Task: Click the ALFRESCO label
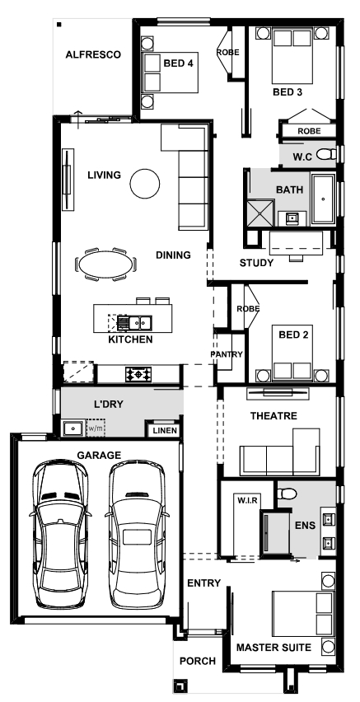point(93,54)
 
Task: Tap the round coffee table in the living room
point(145,183)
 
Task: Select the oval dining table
point(106,265)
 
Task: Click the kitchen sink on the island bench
point(135,322)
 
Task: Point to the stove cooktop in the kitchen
point(138,374)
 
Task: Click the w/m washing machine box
point(96,428)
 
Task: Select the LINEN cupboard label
point(166,431)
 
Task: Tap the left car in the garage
point(59,533)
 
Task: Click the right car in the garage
point(137,533)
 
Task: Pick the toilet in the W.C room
point(326,155)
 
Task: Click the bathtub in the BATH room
point(323,199)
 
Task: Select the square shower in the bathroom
point(259,213)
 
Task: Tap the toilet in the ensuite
point(287,494)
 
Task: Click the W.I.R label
point(247,500)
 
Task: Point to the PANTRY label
point(227,354)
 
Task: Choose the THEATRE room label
point(274,416)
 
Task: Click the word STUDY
point(256,263)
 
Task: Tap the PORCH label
point(198,661)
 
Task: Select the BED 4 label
point(178,63)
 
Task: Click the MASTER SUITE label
point(274,648)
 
